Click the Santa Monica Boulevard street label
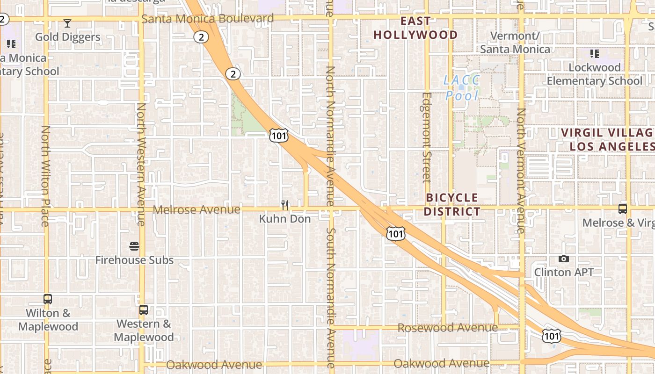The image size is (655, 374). point(207,19)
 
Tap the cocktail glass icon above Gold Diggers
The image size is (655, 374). point(67,23)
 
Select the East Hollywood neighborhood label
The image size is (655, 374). point(415,28)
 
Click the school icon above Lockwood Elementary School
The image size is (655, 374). point(594,54)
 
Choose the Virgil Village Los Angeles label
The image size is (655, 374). point(608,139)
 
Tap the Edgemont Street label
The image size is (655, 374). point(426,137)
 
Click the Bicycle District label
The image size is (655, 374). point(452,205)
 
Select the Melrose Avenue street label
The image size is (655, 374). point(196,210)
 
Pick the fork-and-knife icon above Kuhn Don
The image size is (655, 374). point(285,205)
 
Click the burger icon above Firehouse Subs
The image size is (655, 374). point(134,246)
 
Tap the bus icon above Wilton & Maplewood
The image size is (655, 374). point(47,299)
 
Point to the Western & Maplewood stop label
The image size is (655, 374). point(144,330)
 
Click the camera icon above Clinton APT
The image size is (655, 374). point(564,259)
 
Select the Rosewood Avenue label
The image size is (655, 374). point(447,328)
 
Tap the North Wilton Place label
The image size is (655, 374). point(45,176)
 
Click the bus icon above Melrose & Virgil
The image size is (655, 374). point(623,209)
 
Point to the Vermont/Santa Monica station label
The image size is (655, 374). point(515,43)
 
